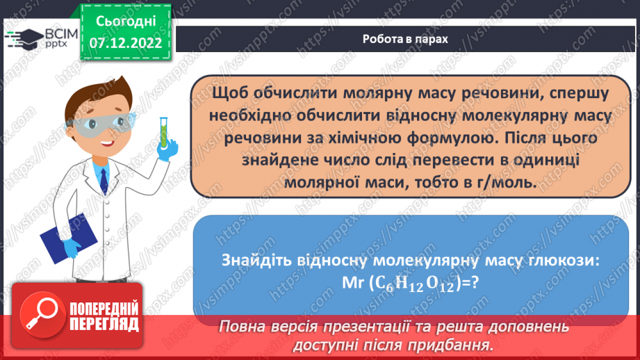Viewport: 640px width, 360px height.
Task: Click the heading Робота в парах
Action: click(405, 39)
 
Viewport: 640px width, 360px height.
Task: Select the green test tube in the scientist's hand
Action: click(165, 126)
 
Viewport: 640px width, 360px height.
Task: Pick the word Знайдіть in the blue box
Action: click(254, 260)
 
